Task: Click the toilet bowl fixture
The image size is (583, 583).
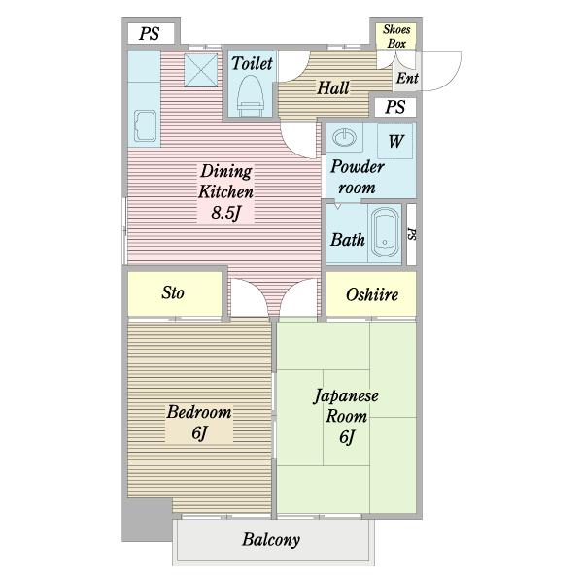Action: [x=251, y=95]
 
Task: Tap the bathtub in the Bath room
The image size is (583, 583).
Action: [x=385, y=232]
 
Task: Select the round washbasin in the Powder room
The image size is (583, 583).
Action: [x=344, y=137]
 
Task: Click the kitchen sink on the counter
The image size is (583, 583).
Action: [x=145, y=125]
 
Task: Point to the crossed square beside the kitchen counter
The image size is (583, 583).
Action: [x=201, y=70]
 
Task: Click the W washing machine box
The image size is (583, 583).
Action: [x=395, y=141]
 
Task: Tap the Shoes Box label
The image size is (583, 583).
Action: [x=396, y=36]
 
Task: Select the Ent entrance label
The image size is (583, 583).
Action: [x=407, y=78]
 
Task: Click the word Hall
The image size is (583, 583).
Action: [x=332, y=88]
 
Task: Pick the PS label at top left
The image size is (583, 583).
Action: [x=149, y=34]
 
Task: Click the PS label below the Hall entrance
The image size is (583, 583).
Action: [x=394, y=107]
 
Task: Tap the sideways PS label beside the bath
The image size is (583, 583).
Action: [x=412, y=234]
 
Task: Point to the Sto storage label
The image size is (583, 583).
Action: [x=173, y=292]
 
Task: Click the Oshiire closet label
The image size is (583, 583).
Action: [x=372, y=294]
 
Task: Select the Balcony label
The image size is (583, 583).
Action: [x=271, y=540]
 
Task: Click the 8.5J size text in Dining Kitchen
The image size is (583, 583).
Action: [x=225, y=213]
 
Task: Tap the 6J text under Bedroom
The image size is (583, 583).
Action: [x=199, y=432]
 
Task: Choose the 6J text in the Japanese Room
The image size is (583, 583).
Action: [x=347, y=437]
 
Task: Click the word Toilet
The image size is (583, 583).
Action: [x=252, y=63]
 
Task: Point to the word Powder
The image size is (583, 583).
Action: [x=357, y=166]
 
